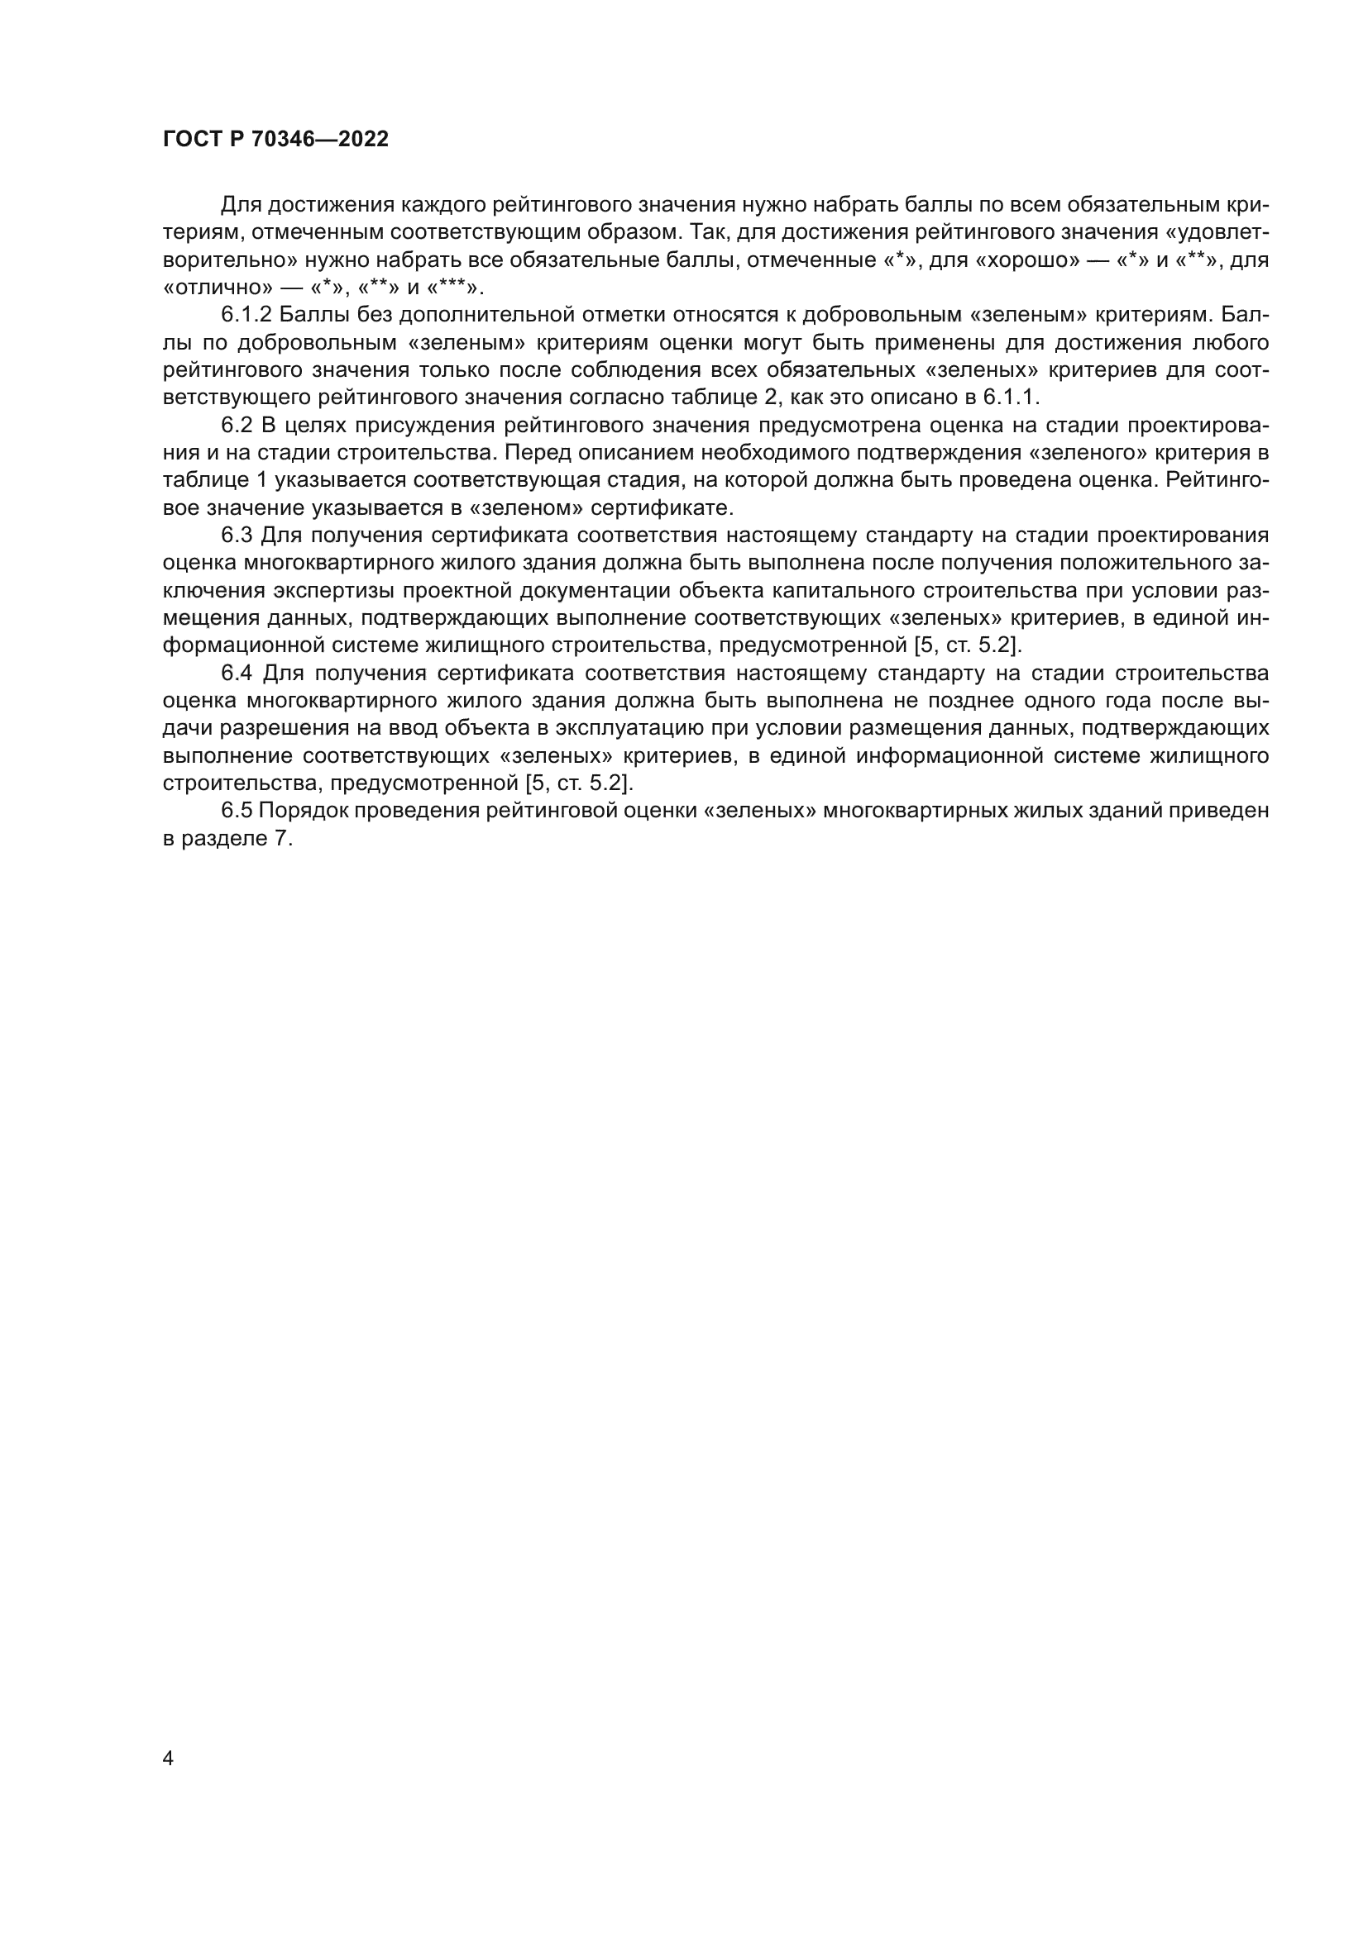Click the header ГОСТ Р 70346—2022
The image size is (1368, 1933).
275,140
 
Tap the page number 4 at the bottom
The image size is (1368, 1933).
168,1758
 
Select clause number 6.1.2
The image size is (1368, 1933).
246,315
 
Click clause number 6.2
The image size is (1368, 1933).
236,425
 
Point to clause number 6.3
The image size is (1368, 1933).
236,536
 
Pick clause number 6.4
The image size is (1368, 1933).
236,673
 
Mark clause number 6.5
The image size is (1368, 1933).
236,811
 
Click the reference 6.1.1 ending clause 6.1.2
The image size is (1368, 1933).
1011,398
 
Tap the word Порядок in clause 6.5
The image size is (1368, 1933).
303,811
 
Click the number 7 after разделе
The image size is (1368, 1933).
281,839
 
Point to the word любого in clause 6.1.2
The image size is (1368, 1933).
1232,343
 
